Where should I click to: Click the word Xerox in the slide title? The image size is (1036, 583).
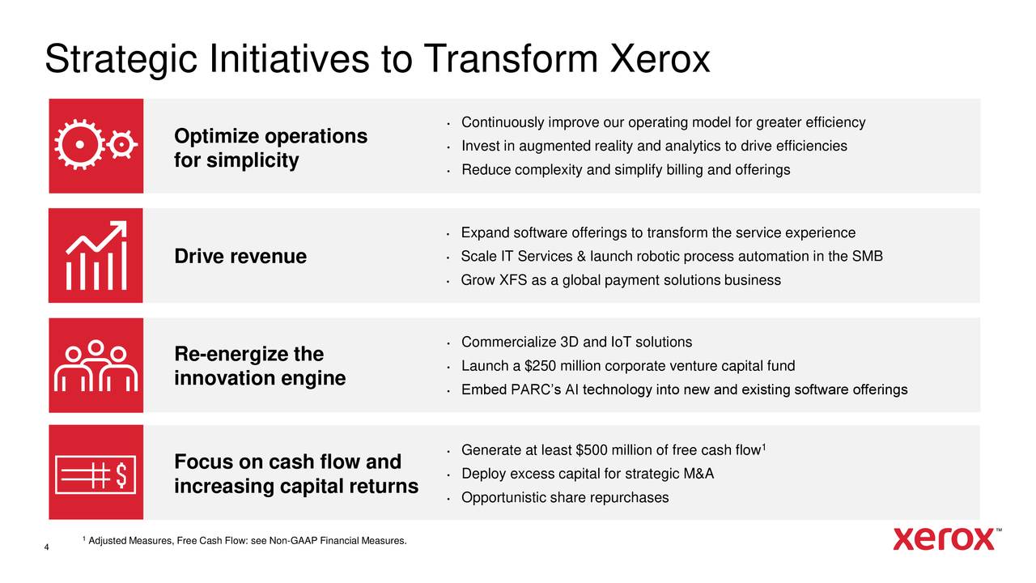(x=660, y=59)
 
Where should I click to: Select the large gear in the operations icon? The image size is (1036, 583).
(x=79, y=144)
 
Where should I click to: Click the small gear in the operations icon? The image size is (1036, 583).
(x=122, y=145)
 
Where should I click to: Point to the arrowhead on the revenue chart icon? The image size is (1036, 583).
(x=119, y=228)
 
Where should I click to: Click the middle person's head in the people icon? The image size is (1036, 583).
(x=96, y=347)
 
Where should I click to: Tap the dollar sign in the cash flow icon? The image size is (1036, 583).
(x=121, y=474)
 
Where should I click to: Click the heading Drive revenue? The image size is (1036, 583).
(x=240, y=256)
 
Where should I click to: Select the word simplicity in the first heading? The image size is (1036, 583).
(x=253, y=161)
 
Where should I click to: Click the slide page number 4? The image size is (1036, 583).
(x=46, y=547)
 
